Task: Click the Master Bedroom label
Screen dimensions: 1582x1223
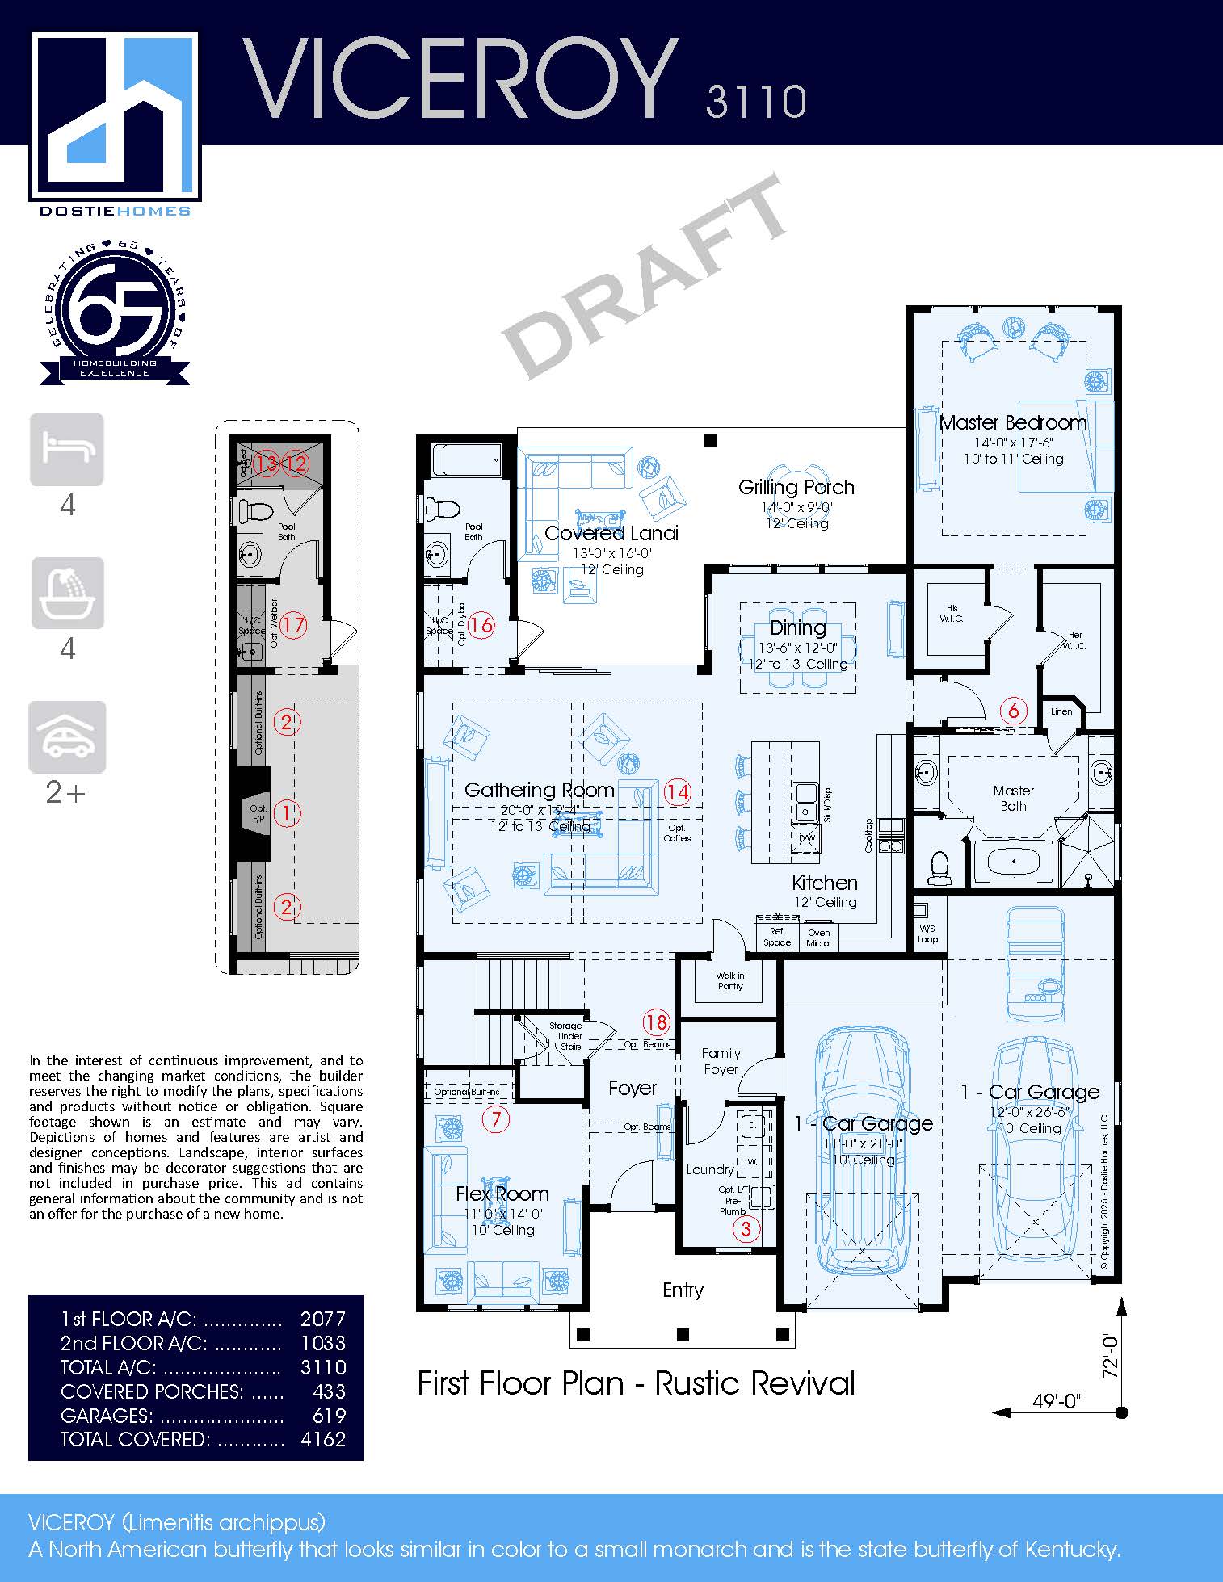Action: pos(1013,422)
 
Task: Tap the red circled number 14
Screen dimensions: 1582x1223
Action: pos(677,791)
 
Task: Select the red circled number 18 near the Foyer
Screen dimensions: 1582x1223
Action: pos(656,1022)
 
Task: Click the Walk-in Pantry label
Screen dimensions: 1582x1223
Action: pos(730,980)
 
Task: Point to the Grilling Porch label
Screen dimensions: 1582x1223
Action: pos(796,487)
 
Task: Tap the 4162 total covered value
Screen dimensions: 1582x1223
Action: pos(323,1439)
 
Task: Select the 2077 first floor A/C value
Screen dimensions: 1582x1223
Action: pos(323,1319)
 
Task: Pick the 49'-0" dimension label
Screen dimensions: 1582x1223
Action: pos(1057,1401)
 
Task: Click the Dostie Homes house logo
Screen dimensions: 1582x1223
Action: pos(115,117)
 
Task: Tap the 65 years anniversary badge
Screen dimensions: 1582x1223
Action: pos(115,315)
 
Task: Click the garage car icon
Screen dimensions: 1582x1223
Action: pos(67,736)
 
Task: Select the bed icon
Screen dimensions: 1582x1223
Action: pos(67,449)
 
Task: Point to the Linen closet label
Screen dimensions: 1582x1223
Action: pos(1061,711)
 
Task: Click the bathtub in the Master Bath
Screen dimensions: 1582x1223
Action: pos(1013,862)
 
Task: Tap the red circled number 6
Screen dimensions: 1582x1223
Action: pos(1013,711)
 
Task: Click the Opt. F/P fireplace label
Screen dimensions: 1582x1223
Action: pos(258,813)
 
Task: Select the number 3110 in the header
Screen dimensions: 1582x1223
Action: pos(755,102)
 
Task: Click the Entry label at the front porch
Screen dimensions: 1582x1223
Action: pos(683,1290)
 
